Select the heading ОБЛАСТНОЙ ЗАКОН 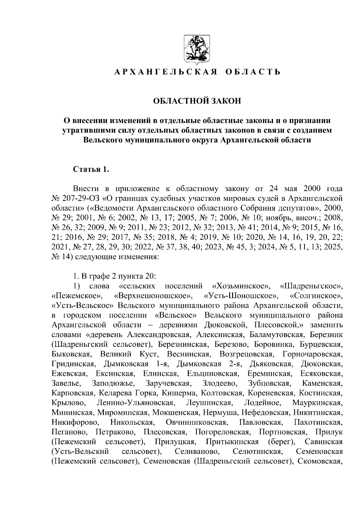197,101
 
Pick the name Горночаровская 312,354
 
